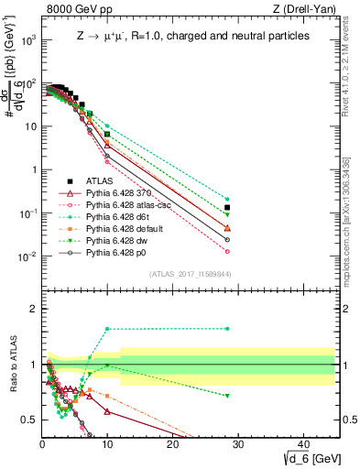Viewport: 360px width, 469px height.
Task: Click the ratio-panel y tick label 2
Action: (x=33, y=309)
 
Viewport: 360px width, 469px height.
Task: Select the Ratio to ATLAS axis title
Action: (x=13, y=365)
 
